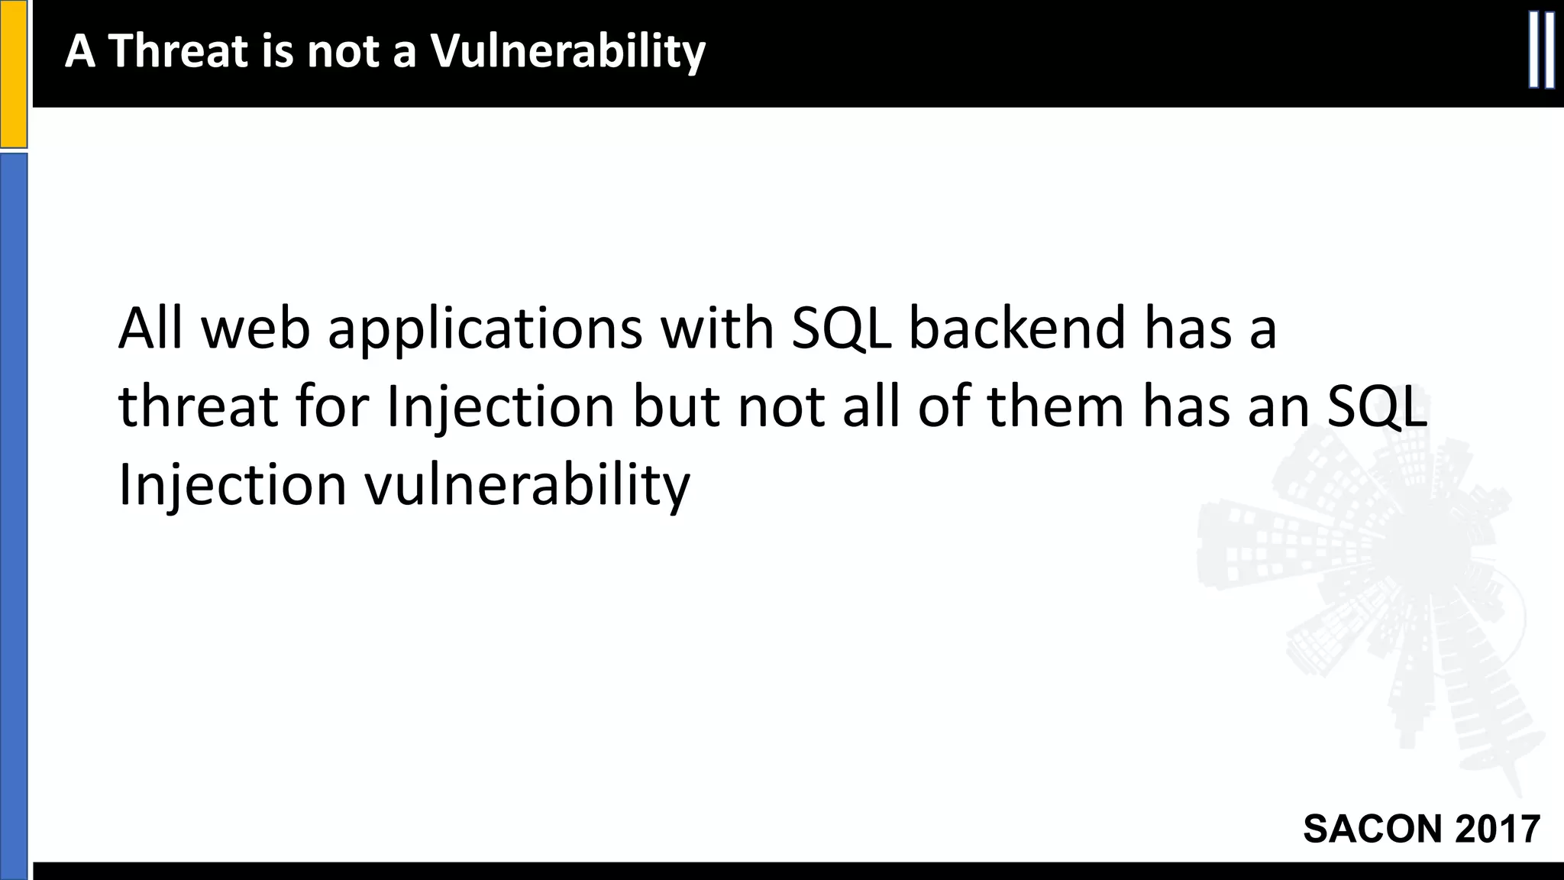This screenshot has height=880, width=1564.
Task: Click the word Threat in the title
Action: click(x=180, y=51)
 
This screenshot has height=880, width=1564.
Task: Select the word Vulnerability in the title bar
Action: click(x=567, y=51)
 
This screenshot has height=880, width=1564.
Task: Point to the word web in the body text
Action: click(x=256, y=328)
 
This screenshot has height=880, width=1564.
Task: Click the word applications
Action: click(x=485, y=329)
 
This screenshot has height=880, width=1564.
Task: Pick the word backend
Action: click(x=1016, y=328)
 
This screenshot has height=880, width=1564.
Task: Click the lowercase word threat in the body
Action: click(x=198, y=406)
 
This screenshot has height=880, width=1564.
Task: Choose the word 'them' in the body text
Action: click(x=1055, y=406)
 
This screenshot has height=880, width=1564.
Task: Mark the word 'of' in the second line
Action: click(x=945, y=406)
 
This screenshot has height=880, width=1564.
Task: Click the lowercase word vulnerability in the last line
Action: click(x=527, y=485)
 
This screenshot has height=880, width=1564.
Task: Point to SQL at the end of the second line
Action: click(x=1377, y=406)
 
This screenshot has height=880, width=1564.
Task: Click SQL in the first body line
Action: click(x=842, y=328)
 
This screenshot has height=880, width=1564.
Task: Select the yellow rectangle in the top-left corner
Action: click(x=14, y=73)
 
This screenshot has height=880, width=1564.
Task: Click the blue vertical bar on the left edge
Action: click(x=14, y=516)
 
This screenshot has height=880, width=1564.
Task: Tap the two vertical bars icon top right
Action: click(x=1541, y=50)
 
